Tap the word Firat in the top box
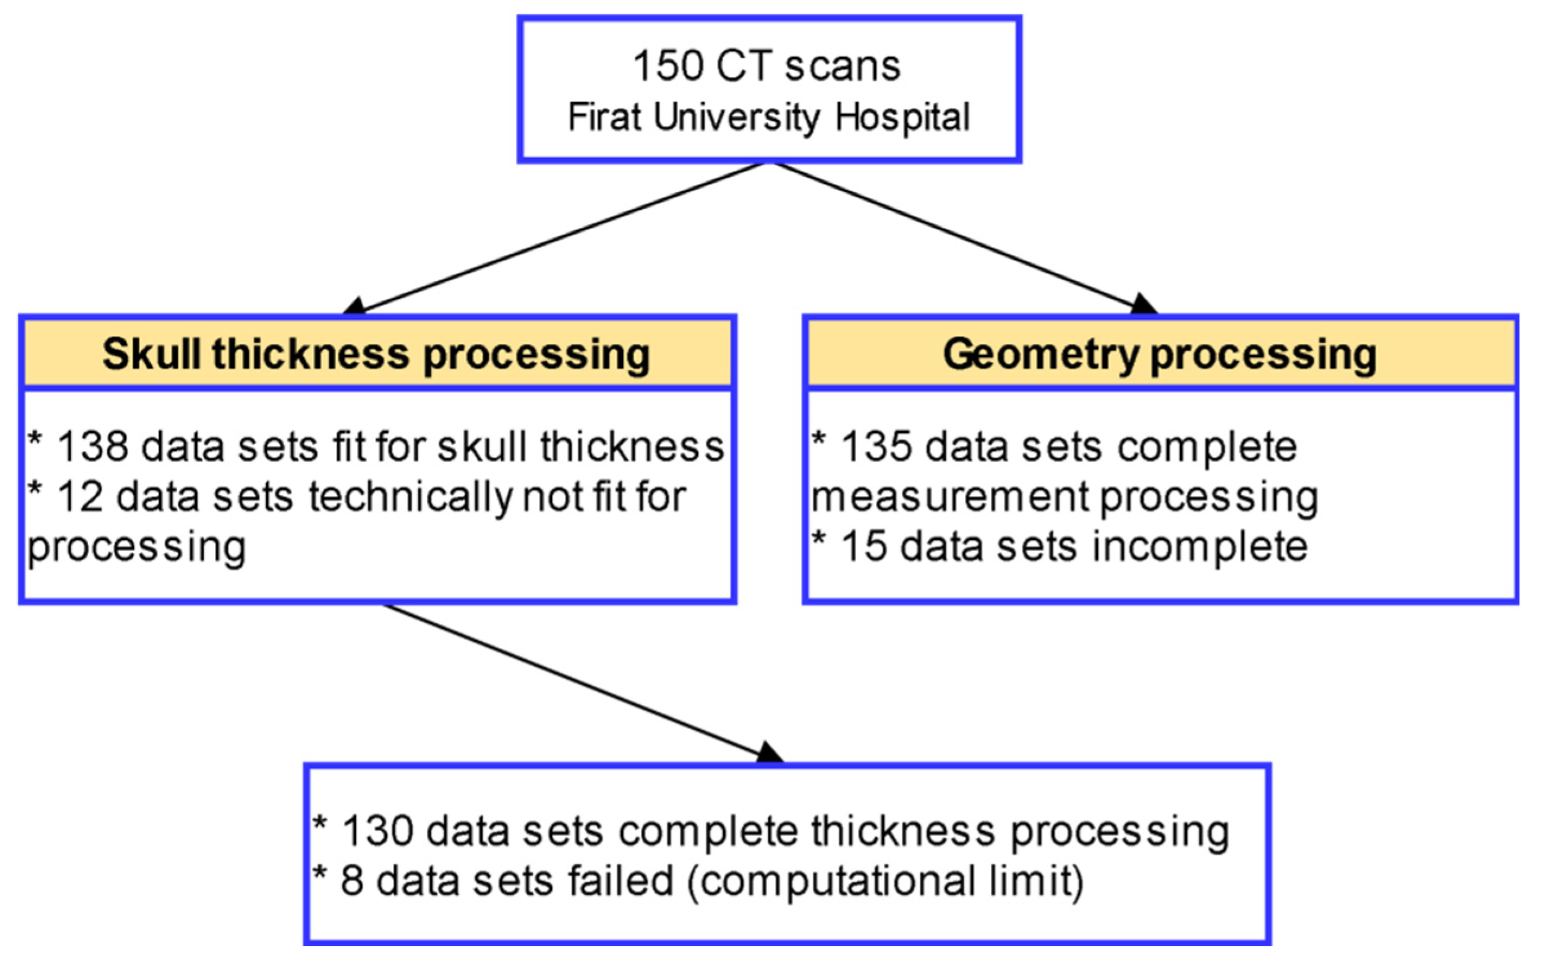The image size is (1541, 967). pos(605,117)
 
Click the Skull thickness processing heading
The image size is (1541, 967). pos(376,354)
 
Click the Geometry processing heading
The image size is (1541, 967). pos(1159,354)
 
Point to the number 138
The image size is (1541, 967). pos(93,446)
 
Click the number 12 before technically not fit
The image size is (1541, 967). pos(80,497)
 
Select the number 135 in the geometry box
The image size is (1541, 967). pos(877,446)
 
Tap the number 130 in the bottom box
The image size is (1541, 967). pos(377,831)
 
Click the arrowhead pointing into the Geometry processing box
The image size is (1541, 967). pos(1145,305)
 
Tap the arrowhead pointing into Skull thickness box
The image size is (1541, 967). pos(354,306)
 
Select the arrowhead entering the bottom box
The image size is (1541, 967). pos(770,754)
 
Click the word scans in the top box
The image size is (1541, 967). pos(843,66)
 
